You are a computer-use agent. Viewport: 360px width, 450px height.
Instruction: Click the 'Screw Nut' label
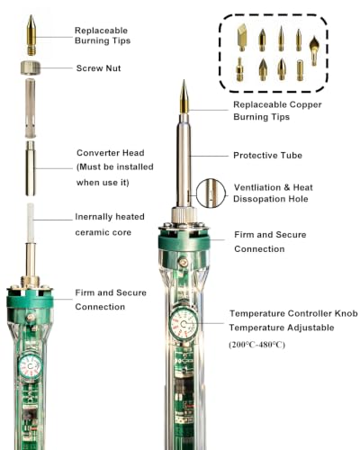click(98, 68)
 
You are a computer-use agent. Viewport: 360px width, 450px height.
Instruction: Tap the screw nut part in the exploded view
click(31, 67)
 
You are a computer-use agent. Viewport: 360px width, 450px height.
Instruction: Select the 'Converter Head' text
click(111, 153)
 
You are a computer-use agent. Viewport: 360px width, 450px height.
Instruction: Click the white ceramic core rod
click(31, 222)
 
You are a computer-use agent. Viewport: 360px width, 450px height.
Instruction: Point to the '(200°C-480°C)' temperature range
click(256, 345)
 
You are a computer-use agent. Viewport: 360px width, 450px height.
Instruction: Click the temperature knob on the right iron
click(184, 324)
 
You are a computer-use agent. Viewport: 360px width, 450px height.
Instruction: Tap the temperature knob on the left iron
click(30, 366)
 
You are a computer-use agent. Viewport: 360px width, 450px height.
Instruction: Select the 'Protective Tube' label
click(267, 156)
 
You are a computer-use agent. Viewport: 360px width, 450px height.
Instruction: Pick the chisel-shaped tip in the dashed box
click(242, 38)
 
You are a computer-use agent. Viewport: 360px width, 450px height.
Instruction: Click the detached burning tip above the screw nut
click(31, 35)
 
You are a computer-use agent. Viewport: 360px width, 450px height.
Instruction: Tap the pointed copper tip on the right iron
click(184, 96)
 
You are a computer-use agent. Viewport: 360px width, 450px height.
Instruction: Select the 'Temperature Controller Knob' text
click(293, 313)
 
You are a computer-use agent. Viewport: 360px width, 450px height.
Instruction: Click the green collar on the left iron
click(30, 300)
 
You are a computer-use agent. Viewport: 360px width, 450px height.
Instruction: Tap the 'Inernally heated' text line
click(110, 217)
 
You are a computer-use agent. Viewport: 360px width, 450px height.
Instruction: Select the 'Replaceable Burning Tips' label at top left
click(103, 35)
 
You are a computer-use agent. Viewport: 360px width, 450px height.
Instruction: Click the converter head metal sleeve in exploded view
click(31, 168)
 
